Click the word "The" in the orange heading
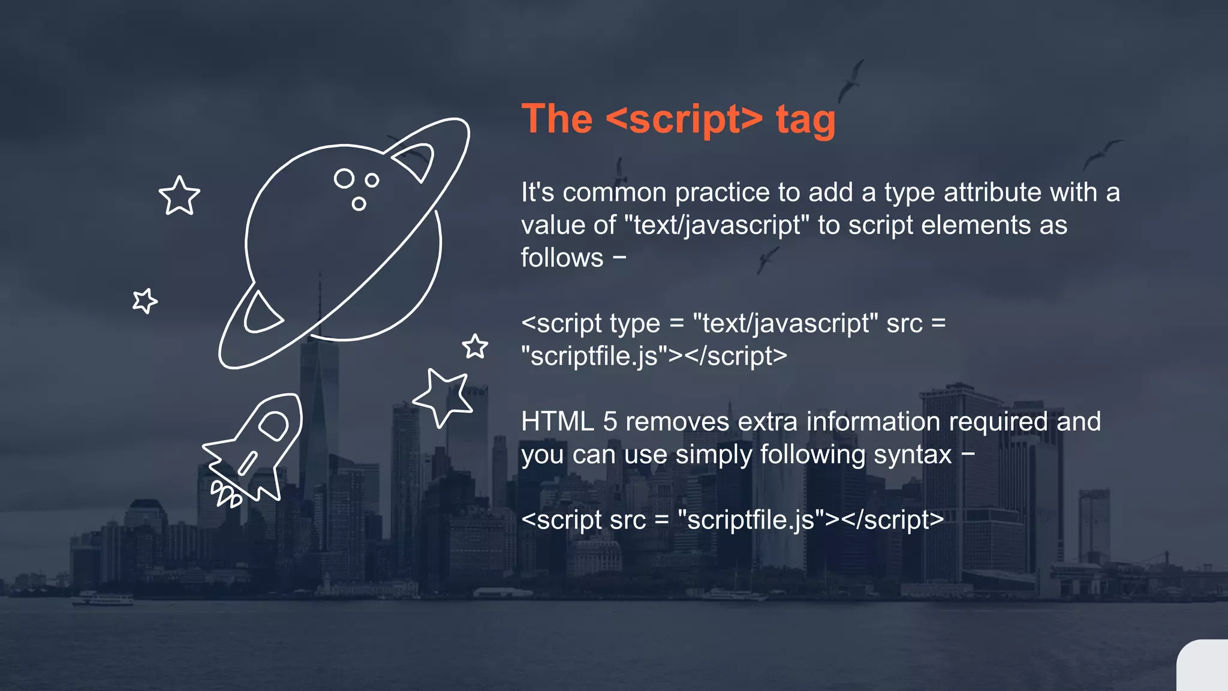[x=557, y=119]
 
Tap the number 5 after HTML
[x=610, y=422]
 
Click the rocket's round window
[x=274, y=425]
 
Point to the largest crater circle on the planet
[x=344, y=178]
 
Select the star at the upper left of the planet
[x=179, y=196]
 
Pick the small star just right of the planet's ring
[x=475, y=346]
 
